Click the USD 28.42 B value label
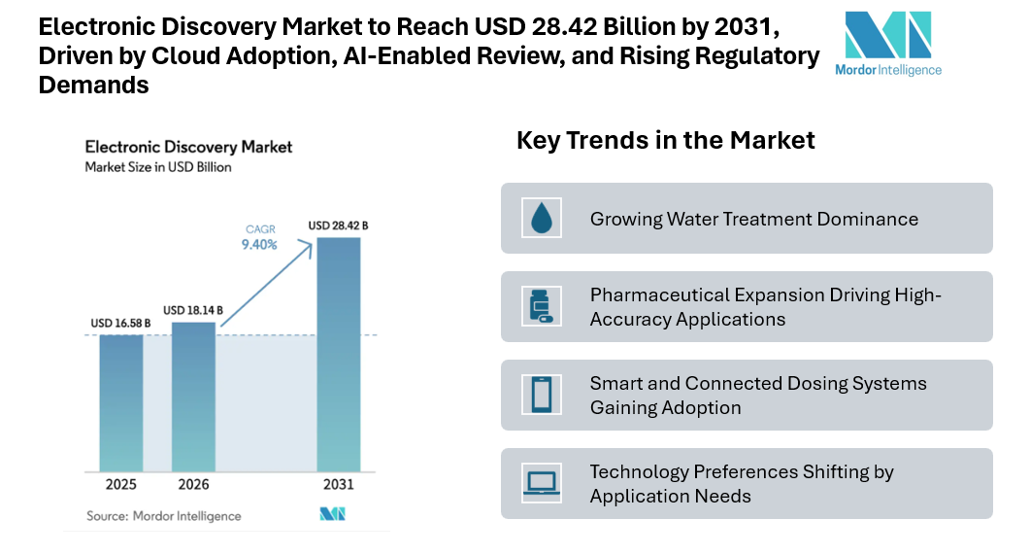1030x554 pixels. (x=338, y=225)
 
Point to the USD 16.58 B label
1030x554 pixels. (x=120, y=324)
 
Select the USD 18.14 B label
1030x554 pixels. (x=193, y=310)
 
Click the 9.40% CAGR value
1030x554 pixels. (x=259, y=245)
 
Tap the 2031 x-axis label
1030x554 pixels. (x=339, y=484)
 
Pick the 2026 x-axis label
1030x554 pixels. (x=193, y=484)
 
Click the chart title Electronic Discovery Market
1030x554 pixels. (x=188, y=148)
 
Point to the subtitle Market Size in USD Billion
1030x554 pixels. (x=158, y=167)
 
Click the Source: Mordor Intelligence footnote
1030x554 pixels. (x=163, y=515)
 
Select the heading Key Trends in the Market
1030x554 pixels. (x=666, y=140)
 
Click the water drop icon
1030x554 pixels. (x=541, y=218)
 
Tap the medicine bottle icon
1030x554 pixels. (x=541, y=306)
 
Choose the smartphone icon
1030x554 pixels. (x=541, y=395)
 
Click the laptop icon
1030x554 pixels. (x=541, y=483)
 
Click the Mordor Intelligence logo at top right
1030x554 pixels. (x=887, y=43)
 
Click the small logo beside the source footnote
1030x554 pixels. (x=333, y=514)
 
